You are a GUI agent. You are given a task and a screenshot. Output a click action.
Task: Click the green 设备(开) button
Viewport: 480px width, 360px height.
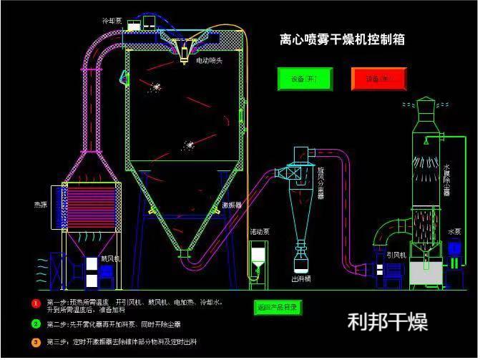point(305,79)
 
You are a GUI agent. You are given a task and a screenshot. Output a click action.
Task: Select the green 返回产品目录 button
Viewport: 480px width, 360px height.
point(278,307)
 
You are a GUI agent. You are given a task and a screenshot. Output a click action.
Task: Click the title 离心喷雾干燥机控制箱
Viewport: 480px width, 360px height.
point(341,39)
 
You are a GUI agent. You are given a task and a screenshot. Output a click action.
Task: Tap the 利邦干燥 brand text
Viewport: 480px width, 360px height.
point(387,321)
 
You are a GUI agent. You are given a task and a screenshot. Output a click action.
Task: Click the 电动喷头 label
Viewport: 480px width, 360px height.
point(210,62)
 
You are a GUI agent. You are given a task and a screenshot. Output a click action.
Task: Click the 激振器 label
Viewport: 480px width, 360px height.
point(231,205)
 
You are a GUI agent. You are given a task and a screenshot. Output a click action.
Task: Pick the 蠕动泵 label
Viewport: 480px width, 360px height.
point(259,233)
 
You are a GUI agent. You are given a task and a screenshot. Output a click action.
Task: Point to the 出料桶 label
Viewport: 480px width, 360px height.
point(300,278)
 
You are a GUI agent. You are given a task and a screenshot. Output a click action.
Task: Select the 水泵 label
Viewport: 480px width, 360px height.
point(454,232)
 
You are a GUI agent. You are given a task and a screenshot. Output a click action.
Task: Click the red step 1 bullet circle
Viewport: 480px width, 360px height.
point(35,303)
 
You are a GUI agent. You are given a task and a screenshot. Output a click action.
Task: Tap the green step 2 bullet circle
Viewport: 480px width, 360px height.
point(35,323)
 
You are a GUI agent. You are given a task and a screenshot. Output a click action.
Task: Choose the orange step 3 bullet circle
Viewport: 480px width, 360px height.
point(35,342)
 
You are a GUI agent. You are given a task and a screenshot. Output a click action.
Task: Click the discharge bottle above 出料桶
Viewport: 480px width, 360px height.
point(301,257)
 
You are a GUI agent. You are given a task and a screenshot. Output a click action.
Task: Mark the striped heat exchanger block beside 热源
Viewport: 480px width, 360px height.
point(89,208)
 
